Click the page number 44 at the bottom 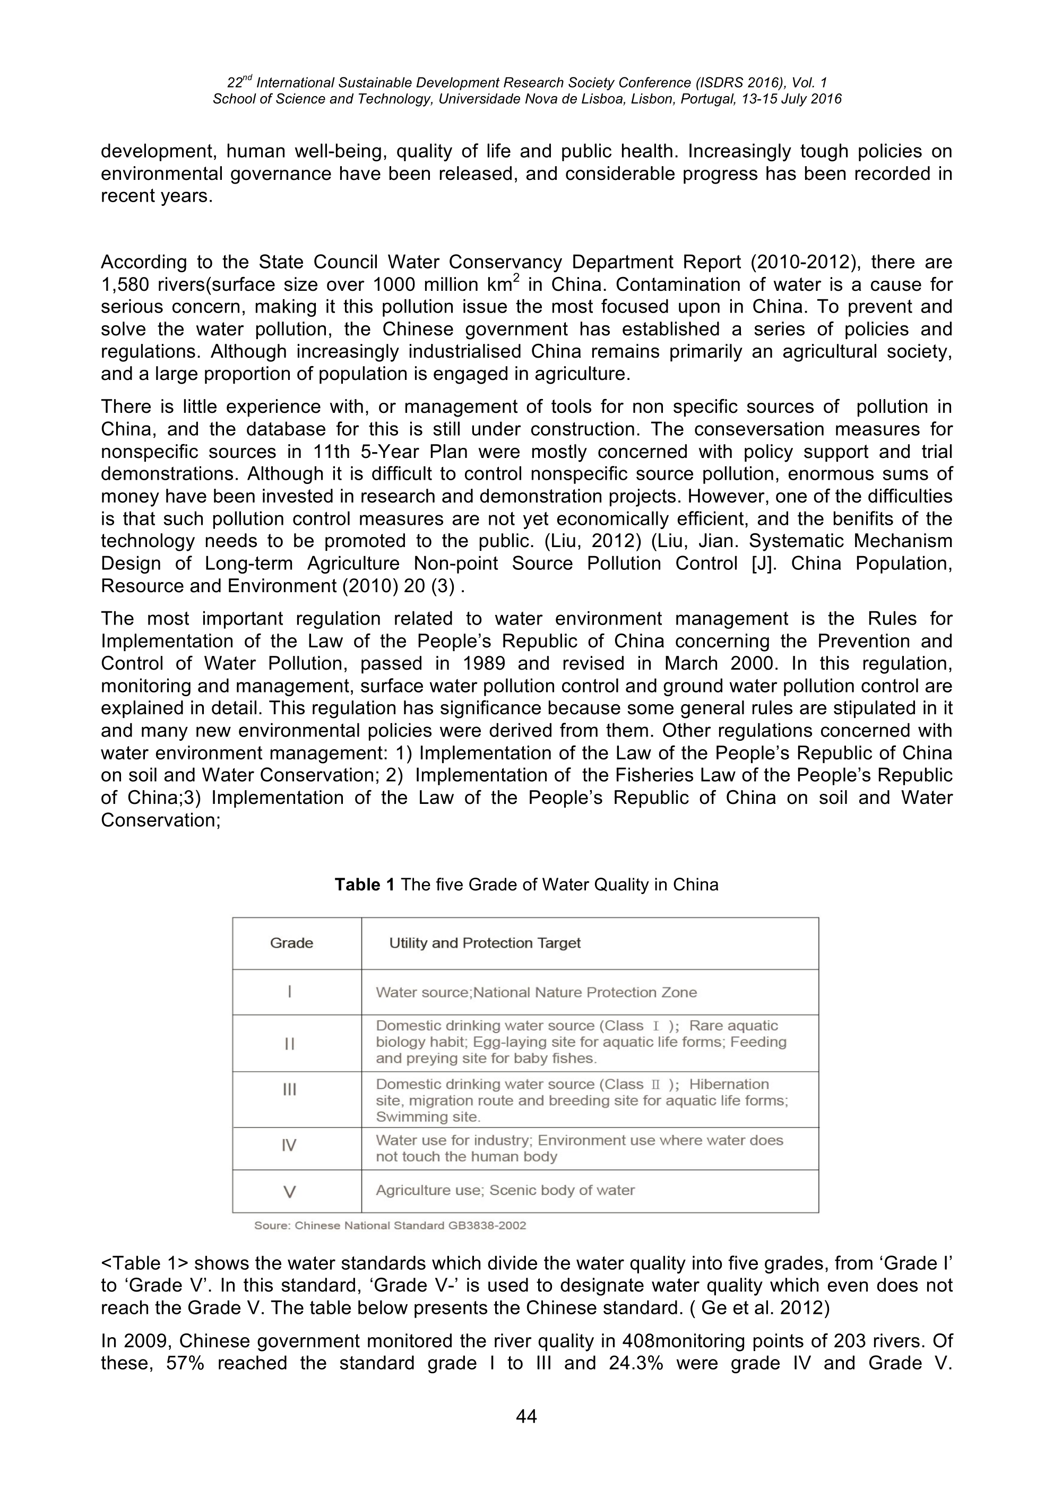pyautogui.click(x=526, y=1416)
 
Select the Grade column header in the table pyautogui.click(x=291, y=943)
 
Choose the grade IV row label pyautogui.click(x=289, y=1146)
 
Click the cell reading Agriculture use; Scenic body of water pyautogui.click(x=505, y=1190)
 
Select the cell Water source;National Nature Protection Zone pyautogui.click(x=536, y=992)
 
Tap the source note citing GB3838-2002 pyautogui.click(x=390, y=1226)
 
